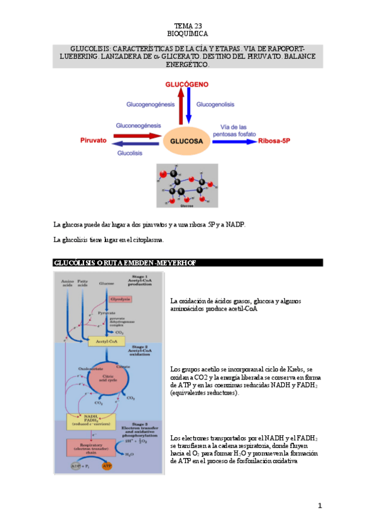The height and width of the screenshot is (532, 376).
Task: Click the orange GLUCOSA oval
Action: (x=186, y=141)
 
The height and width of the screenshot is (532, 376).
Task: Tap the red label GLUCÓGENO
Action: (x=186, y=83)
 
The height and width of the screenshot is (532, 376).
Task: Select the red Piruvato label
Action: (x=93, y=141)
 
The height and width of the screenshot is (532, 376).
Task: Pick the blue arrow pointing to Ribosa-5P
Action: (x=233, y=142)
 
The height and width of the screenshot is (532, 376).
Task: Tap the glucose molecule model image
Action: (x=186, y=186)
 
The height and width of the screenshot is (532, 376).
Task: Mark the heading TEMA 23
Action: (x=187, y=25)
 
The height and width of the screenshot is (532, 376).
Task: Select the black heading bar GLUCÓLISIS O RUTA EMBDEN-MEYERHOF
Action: (x=188, y=262)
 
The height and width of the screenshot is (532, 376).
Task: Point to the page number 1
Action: (x=319, y=506)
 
